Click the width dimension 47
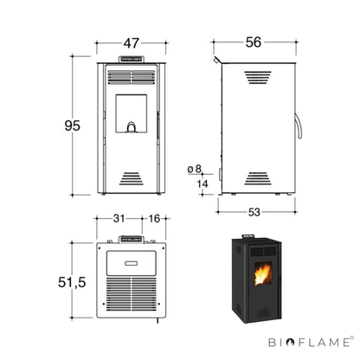[x=132, y=43]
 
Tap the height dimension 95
[x=73, y=125]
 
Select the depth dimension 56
[x=254, y=42]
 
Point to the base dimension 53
[x=254, y=212]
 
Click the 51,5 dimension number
[x=72, y=282]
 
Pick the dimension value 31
[x=119, y=218]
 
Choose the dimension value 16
[x=154, y=218]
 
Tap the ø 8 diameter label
[x=195, y=169]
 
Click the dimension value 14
[x=202, y=183]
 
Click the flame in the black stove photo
[x=262, y=274]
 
